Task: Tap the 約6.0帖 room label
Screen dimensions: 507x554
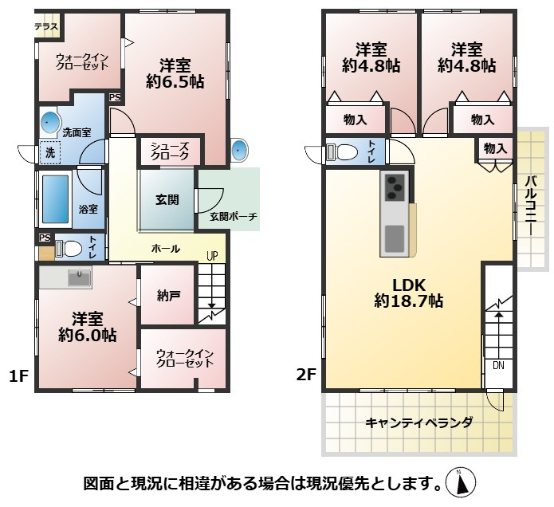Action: [x=87, y=327]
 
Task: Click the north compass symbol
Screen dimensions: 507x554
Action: [x=462, y=481]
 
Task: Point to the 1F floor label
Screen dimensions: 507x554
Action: [x=19, y=375]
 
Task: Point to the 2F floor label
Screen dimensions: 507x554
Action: [x=307, y=375]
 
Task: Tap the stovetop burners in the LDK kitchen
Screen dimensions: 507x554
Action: [x=396, y=188]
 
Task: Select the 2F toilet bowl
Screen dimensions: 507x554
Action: [x=344, y=152]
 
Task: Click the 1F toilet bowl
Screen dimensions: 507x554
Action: [x=71, y=248]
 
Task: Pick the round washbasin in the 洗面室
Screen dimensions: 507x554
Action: [x=50, y=122]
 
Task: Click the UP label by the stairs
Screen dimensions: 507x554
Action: [x=211, y=257]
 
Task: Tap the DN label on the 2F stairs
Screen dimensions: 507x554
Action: [x=497, y=366]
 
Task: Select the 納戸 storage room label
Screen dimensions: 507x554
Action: [x=168, y=296]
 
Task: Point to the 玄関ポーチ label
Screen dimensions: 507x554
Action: [x=234, y=216]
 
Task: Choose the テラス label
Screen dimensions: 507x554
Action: [x=46, y=26]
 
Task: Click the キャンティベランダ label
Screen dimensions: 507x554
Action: [x=419, y=422]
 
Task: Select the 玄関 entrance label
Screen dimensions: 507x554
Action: [x=167, y=198]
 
